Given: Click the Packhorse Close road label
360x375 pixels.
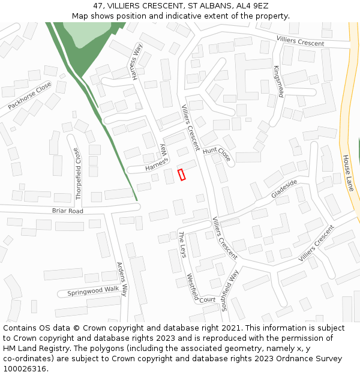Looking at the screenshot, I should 30,96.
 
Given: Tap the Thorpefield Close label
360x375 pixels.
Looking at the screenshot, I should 77,167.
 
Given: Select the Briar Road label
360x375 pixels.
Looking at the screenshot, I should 67,211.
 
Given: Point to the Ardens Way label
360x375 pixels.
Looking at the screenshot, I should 122,279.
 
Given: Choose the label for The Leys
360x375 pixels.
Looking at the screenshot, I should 182,245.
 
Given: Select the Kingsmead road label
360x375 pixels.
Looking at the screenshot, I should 278,81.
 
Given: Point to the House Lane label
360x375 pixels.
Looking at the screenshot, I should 349,173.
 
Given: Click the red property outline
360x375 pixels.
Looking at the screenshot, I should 182,175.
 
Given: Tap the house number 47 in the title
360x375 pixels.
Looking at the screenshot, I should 98,5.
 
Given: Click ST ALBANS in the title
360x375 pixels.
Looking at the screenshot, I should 208,5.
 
